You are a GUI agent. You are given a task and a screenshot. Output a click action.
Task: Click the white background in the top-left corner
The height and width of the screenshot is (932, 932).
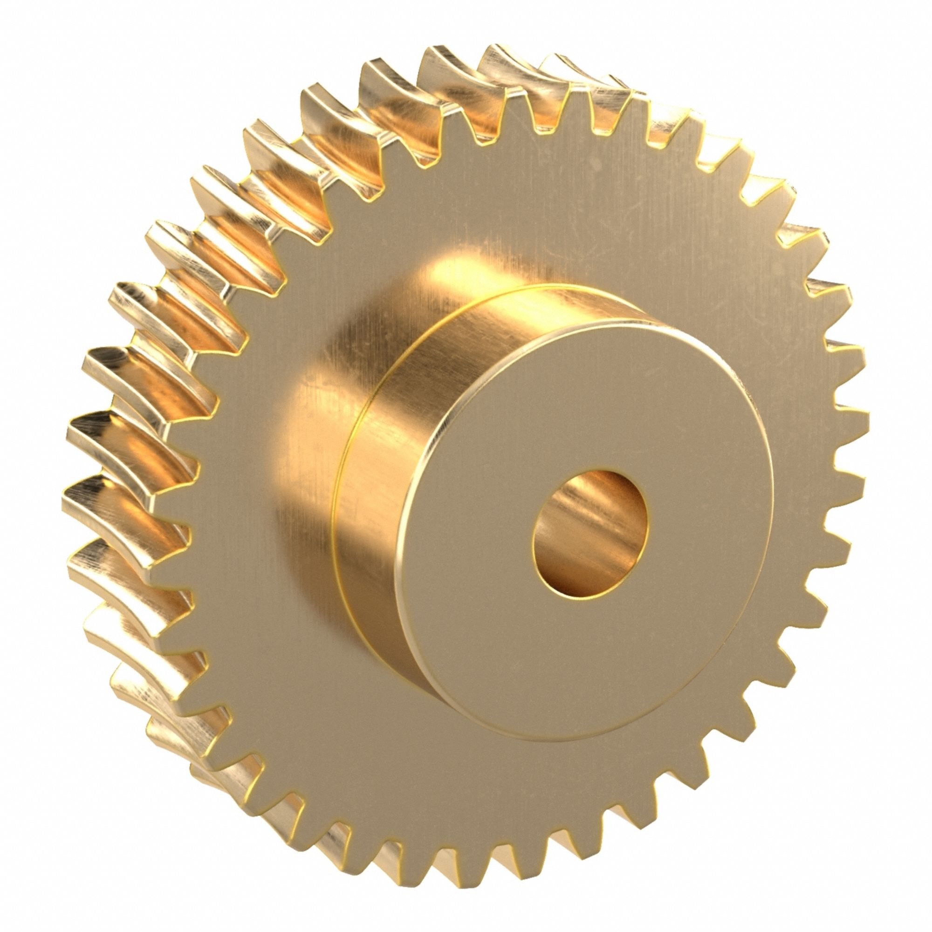click(29, 29)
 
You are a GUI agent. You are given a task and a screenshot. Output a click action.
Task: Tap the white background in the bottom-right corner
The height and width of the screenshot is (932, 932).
click(902, 902)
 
